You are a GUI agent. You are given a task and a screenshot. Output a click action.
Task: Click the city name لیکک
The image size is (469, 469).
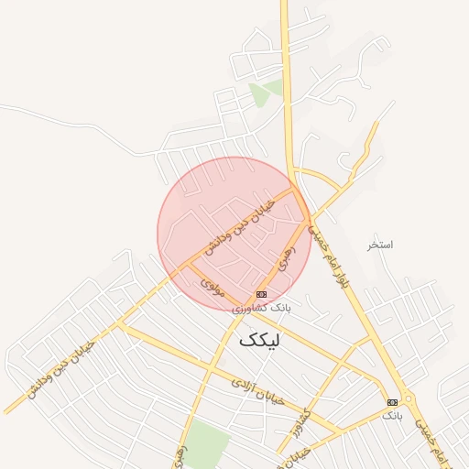pos(262,339)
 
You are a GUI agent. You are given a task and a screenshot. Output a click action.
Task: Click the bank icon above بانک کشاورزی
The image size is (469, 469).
pos(262,294)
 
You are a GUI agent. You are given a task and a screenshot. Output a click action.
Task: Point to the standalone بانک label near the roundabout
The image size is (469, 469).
pos(391,416)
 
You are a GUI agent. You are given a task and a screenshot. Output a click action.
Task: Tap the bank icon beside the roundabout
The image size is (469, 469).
pos(392,402)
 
